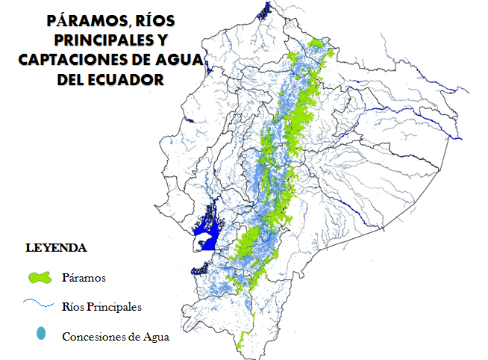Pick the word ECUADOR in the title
pyautogui.click(x=127, y=79)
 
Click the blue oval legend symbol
pyautogui.click(x=41, y=334)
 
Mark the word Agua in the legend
pyautogui.click(x=155, y=336)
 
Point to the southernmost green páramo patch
pyautogui.click(x=240, y=345)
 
